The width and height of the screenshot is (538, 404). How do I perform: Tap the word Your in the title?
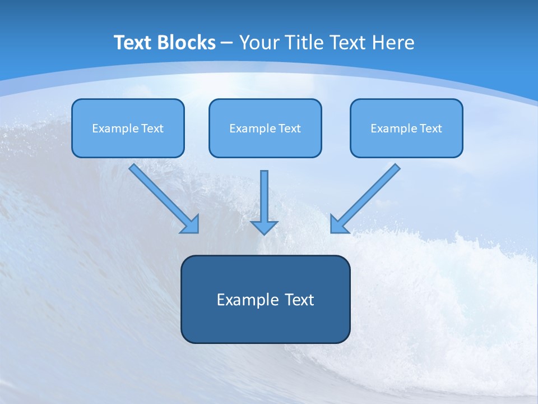[x=260, y=43]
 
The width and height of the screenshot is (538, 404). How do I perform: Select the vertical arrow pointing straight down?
[x=264, y=196]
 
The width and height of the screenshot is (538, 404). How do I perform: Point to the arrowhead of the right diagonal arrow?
[x=337, y=225]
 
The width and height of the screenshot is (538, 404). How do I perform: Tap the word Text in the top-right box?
[x=430, y=128]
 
